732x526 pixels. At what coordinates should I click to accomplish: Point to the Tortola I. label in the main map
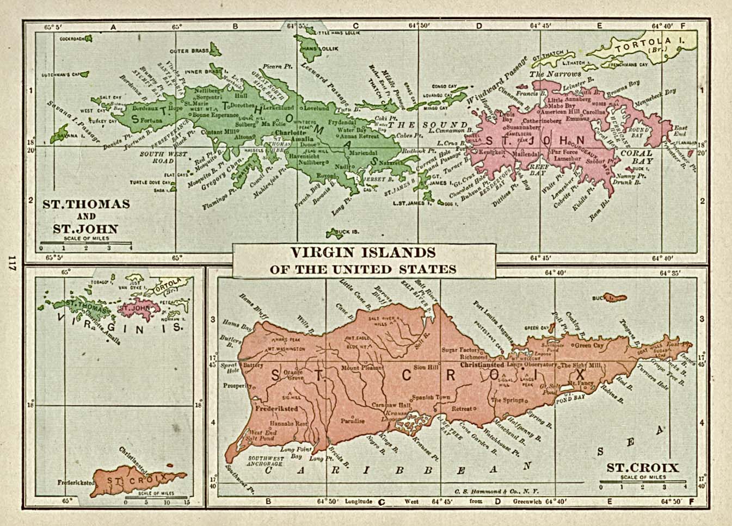pos(648,45)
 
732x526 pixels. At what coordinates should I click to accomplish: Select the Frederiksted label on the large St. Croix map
pos(277,406)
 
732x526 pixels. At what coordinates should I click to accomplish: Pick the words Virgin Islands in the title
pos(363,253)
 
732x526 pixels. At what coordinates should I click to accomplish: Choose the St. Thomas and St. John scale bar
pos(85,243)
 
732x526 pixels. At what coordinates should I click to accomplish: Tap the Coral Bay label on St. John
pos(636,157)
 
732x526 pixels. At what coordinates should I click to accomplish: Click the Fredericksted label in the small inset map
pos(74,482)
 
